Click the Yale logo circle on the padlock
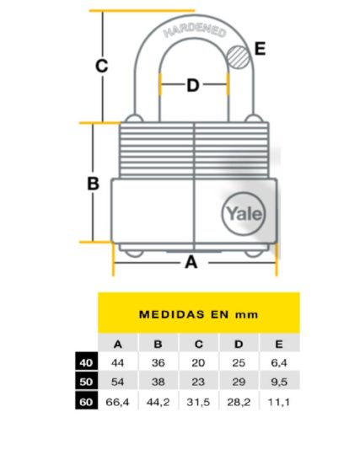[244, 214]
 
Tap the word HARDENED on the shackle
[195, 31]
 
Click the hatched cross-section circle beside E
[239, 57]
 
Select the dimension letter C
[102, 66]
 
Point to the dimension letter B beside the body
[94, 184]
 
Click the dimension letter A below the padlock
[191, 262]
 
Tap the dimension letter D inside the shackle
[193, 85]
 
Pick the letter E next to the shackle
[260, 49]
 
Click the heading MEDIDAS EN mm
[198, 314]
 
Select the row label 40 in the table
[86, 363]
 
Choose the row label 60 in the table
[86, 402]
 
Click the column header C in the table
[198, 344]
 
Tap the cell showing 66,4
[117, 402]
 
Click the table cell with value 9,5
[279, 382]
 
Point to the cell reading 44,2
[158, 402]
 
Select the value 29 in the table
[239, 382]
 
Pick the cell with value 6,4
[279, 363]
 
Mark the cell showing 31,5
[198, 402]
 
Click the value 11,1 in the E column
[279, 402]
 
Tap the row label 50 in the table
[86, 382]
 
